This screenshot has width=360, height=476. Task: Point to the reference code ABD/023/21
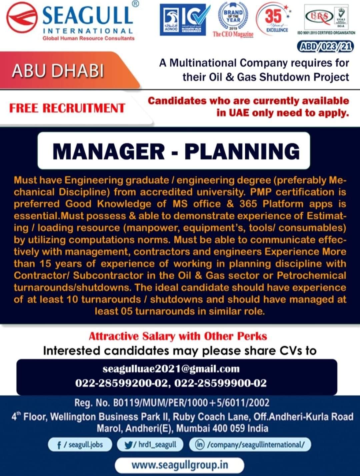point(326,47)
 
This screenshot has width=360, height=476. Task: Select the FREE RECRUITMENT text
point(67,108)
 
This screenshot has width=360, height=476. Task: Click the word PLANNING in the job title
point(242,151)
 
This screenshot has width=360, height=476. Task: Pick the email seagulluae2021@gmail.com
point(171,369)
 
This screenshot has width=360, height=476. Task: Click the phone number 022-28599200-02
point(121,383)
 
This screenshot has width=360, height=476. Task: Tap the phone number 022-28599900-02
point(220,383)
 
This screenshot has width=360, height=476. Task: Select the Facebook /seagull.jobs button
point(80,445)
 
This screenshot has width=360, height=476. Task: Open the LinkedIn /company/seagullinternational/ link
point(250,445)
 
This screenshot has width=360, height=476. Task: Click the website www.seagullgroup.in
point(180,464)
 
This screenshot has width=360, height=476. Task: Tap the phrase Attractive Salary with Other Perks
point(178,336)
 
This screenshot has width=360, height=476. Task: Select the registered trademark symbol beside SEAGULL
point(135,4)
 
